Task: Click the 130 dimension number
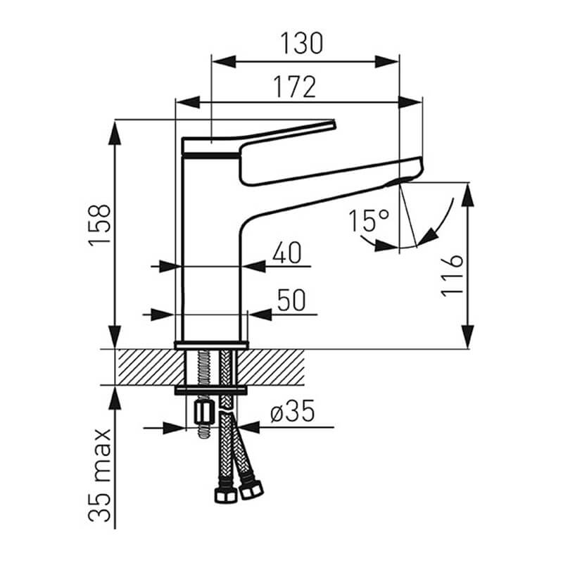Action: tap(302, 44)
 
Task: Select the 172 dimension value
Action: tap(295, 87)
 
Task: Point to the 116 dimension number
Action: tap(452, 276)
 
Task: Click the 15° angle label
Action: tap(369, 221)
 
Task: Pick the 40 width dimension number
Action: tap(286, 253)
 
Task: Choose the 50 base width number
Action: tap(291, 301)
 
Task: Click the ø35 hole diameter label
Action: tap(293, 411)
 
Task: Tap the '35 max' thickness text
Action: tap(99, 476)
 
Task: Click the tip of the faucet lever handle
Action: tap(334, 124)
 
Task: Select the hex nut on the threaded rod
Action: tap(203, 413)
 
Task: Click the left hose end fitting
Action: tap(225, 495)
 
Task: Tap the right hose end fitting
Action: tap(251, 489)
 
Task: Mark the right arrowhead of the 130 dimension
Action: tap(387, 62)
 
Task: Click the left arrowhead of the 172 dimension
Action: tap(188, 102)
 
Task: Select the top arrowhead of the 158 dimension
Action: tap(115, 133)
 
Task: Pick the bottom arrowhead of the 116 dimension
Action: tap(467, 336)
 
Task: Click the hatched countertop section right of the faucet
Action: tap(271, 367)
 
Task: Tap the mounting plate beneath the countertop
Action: tap(211, 391)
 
